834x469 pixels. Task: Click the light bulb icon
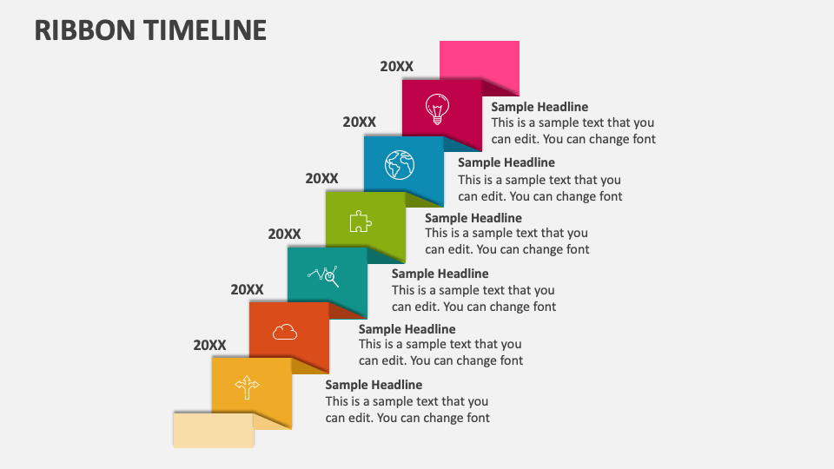(436, 109)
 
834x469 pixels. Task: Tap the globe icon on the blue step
(400, 163)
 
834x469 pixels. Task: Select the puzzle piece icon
(361, 221)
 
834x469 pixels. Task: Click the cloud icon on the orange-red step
(285, 331)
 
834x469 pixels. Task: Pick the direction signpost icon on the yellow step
(248, 386)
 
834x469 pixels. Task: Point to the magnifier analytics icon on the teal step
(323, 275)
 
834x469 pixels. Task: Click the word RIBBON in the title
(84, 30)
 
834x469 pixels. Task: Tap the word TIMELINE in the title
(206, 30)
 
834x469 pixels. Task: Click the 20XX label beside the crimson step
(397, 66)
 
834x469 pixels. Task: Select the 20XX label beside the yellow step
(209, 345)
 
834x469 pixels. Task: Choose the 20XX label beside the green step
(321, 178)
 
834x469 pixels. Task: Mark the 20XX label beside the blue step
(359, 122)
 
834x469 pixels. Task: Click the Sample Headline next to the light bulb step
(539, 107)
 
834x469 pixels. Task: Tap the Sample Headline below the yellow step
(374, 385)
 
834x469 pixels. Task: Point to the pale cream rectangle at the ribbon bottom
(213, 429)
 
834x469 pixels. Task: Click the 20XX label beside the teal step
(284, 234)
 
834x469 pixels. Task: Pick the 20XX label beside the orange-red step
(247, 289)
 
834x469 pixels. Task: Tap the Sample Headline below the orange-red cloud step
(407, 329)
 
